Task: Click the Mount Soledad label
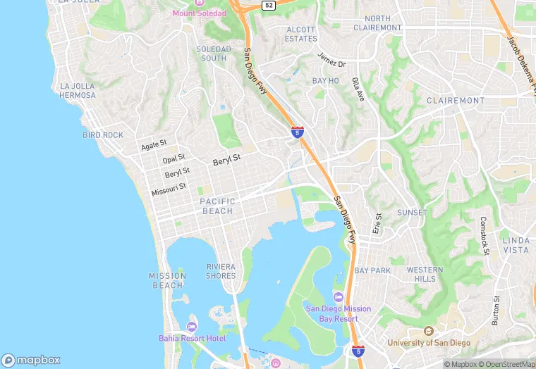(x=200, y=13)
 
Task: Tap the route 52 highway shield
(x=268, y=5)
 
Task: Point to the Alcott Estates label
(x=301, y=34)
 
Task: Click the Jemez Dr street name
(x=331, y=60)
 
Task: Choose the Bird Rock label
(x=103, y=135)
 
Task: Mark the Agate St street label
(x=153, y=146)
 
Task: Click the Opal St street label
(x=173, y=159)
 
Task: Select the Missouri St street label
(x=169, y=189)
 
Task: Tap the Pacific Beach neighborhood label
(x=217, y=206)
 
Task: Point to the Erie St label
(x=377, y=223)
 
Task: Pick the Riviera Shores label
(x=221, y=271)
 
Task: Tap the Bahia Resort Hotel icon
(x=191, y=326)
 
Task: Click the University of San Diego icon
(x=427, y=331)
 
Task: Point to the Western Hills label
(x=425, y=275)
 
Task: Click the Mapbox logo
(x=31, y=360)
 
